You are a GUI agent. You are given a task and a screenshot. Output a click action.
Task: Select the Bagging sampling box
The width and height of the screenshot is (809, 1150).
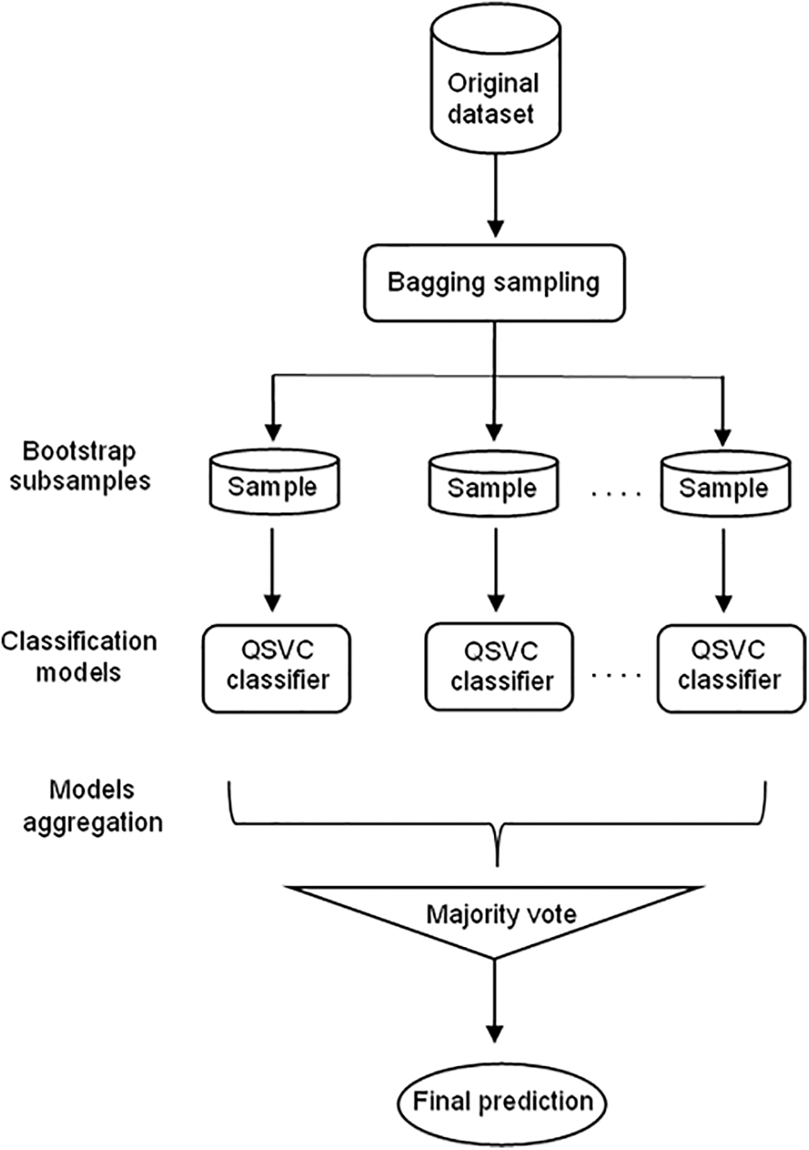click(x=495, y=284)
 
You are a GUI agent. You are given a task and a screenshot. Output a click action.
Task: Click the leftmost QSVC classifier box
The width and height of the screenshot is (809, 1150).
click(x=276, y=668)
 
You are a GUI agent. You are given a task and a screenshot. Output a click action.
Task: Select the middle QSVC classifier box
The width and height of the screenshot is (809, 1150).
click(x=499, y=668)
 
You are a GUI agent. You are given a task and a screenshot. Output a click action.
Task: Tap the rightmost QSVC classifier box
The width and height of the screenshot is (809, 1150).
click(x=731, y=668)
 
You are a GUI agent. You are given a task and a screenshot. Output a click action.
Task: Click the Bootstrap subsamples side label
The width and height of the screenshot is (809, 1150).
click(x=80, y=466)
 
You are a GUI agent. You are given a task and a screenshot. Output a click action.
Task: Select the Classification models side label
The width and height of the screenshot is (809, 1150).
click(x=78, y=657)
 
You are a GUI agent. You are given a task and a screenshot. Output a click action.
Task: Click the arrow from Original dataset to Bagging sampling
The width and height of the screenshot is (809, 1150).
click(x=495, y=195)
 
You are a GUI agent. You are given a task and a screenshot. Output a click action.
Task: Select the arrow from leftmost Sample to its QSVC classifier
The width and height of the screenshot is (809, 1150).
click(x=274, y=570)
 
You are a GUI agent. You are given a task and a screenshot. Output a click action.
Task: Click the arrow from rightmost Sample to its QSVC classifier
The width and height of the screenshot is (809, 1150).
click(x=724, y=570)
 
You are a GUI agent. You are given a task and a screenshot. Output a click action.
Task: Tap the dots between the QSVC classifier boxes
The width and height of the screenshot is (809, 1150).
click(x=617, y=676)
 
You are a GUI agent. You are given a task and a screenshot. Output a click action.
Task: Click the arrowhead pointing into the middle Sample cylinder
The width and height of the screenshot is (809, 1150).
click(x=495, y=432)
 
